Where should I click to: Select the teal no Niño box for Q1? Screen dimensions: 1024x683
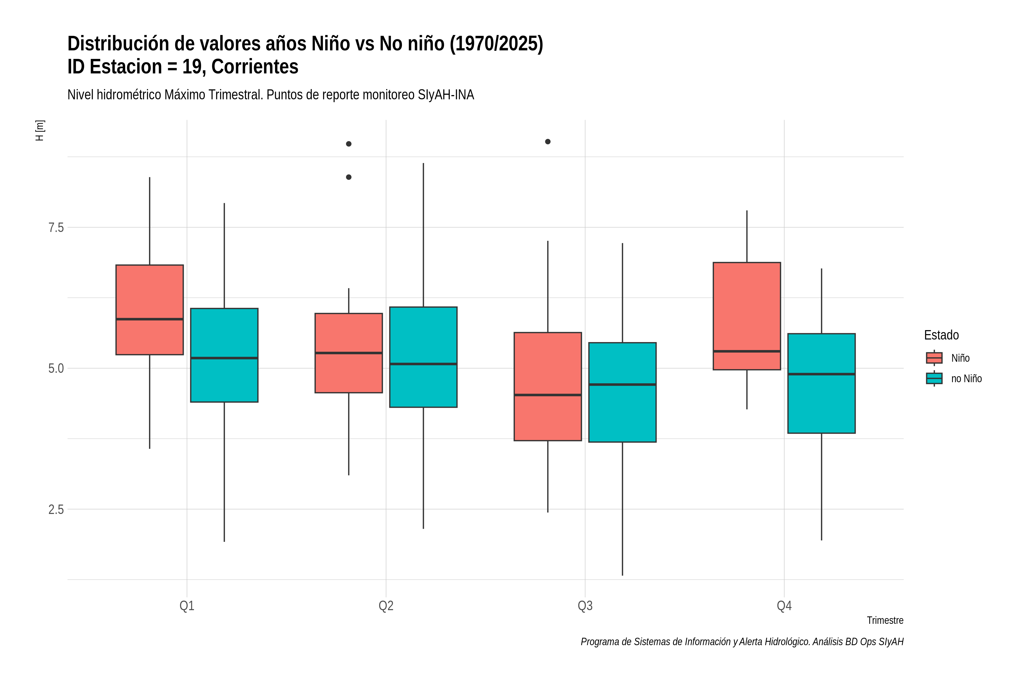pyautogui.click(x=224, y=355)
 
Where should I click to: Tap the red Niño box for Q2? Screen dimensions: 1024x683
pyautogui.click(x=349, y=353)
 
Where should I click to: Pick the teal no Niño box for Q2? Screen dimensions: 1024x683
pyautogui.click(x=423, y=357)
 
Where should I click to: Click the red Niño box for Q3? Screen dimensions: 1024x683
pyautogui.click(x=548, y=386)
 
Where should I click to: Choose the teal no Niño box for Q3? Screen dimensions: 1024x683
pyautogui.click(x=622, y=392)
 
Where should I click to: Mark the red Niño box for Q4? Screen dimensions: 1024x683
pyautogui.click(x=747, y=316)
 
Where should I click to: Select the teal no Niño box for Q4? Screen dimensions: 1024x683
pyautogui.click(x=821, y=383)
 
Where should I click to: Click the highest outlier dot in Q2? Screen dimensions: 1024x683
pyautogui.click(x=349, y=144)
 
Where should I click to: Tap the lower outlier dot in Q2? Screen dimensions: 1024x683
pyautogui.click(x=349, y=177)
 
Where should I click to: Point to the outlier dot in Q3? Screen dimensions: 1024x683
pyautogui.click(x=548, y=141)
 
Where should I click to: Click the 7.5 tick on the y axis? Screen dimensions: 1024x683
pyautogui.click(x=56, y=227)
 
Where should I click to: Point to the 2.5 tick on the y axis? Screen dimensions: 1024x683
pyautogui.click(x=56, y=509)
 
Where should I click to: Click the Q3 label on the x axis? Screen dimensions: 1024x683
pyautogui.click(x=585, y=606)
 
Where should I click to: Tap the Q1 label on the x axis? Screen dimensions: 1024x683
pyautogui.click(x=187, y=606)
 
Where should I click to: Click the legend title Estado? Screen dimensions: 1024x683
pyautogui.click(x=941, y=335)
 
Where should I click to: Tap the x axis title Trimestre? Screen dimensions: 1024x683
pyautogui.click(x=885, y=620)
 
